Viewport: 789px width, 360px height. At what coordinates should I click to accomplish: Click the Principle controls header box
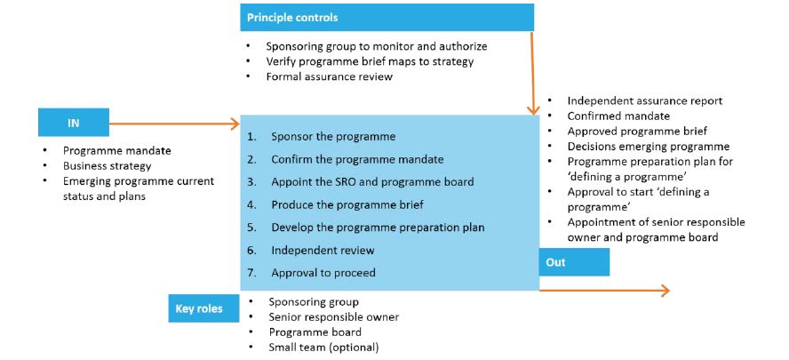pos(387,18)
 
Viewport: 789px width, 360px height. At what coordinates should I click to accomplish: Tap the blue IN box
pos(73,123)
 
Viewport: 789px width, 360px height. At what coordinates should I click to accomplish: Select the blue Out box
pos(574,262)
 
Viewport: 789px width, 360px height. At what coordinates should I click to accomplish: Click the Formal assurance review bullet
pos(330,76)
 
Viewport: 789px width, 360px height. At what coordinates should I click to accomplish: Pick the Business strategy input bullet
pos(108,166)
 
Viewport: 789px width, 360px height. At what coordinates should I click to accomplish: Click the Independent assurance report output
pos(644,101)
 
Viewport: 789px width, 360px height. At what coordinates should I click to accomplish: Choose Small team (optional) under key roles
pos(323,348)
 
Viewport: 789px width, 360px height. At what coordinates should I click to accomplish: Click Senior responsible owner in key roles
pos(334,317)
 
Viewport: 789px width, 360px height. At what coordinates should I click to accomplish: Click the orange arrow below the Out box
pos(604,291)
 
